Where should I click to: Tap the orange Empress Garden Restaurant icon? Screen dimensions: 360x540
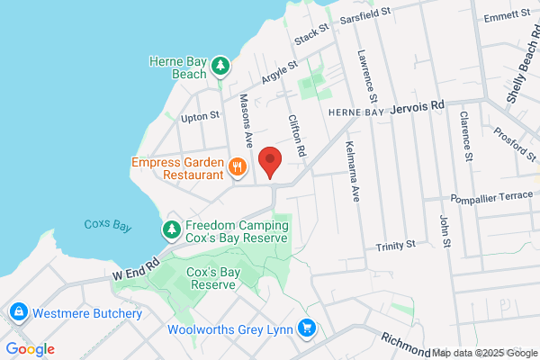[238, 166]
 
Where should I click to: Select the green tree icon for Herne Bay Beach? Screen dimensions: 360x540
[220, 67]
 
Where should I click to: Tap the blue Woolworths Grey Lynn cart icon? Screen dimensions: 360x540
[308, 328]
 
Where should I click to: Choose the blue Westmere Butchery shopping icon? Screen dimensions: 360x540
[17, 313]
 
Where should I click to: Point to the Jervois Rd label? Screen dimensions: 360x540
[418, 106]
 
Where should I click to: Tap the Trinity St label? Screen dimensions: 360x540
[396, 244]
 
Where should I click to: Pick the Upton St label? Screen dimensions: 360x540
[200, 116]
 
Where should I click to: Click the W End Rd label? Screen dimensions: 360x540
[136, 267]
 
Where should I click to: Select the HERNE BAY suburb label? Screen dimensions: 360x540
[355, 111]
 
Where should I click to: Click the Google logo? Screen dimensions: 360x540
[30, 349]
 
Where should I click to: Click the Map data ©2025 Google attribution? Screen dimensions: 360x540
[484, 352]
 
